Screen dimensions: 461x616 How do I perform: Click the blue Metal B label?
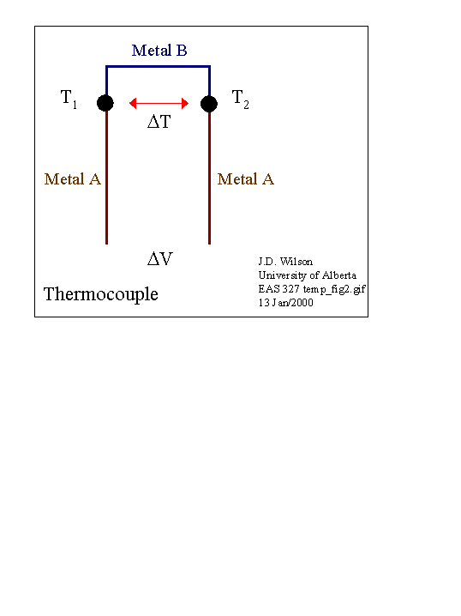point(159,51)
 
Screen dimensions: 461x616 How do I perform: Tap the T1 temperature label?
point(69,99)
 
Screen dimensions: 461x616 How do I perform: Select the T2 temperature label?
point(240,99)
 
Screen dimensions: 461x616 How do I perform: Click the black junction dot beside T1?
point(105,103)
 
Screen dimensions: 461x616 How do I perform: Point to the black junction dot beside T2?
point(209,104)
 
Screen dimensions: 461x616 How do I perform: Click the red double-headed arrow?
point(159,103)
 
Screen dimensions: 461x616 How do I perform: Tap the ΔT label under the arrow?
point(159,122)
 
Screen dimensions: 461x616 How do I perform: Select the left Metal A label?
point(73,179)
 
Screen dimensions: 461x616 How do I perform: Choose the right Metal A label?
point(246,179)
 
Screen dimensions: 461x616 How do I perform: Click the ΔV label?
point(160,259)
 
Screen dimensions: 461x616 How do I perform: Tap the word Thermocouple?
point(101,294)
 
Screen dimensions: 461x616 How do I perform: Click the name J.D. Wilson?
point(285,262)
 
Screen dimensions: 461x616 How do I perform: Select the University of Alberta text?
point(308,275)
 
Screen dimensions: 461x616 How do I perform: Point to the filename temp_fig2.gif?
point(334,289)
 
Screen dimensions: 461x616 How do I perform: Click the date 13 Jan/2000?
point(285,303)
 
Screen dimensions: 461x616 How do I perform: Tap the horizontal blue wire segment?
point(159,67)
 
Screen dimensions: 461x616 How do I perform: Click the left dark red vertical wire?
point(106,178)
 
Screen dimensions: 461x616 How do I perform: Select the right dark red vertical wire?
point(210,178)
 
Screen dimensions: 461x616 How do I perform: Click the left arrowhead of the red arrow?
point(133,103)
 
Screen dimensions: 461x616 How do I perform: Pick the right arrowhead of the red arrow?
point(185,103)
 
